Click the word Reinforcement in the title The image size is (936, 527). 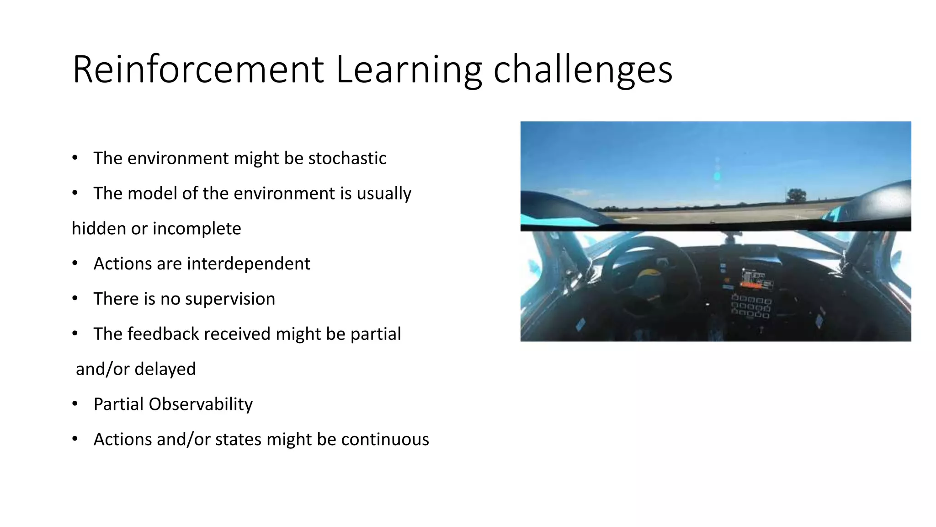point(198,70)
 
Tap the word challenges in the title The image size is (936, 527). point(583,70)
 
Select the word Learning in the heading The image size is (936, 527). point(409,70)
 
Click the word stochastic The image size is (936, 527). point(347,158)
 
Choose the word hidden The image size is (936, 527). point(99,229)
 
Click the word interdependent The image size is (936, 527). point(248,264)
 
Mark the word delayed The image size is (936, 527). point(165,369)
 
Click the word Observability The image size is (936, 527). point(200,404)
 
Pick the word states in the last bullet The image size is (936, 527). point(238,440)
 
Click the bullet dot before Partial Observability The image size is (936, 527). point(75,404)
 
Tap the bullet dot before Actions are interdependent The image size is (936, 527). point(75,264)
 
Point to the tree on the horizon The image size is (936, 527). point(797,195)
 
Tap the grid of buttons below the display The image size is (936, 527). point(751,306)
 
